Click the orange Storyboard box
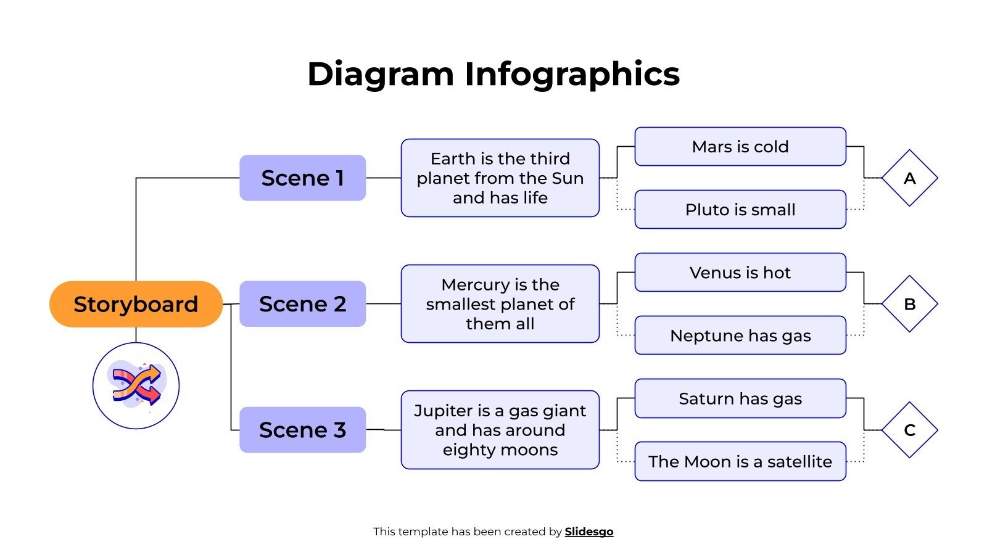point(136,304)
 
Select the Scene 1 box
point(302,178)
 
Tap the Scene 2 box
point(302,304)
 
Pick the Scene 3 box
point(302,430)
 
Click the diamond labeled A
point(909,178)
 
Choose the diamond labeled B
point(909,304)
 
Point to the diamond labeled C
point(909,430)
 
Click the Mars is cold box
point(740,147)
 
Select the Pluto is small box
point(740,210)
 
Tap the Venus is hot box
point(740,273)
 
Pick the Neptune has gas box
point(740,335)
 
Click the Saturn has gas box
point(740,398)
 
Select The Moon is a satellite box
point(740,461)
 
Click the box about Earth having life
point(500,178)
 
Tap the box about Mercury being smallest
point(500,304)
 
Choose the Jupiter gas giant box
point(500,430)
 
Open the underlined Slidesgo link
point(588,532)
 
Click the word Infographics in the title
point(571,74)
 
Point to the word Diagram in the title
point(380,74)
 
